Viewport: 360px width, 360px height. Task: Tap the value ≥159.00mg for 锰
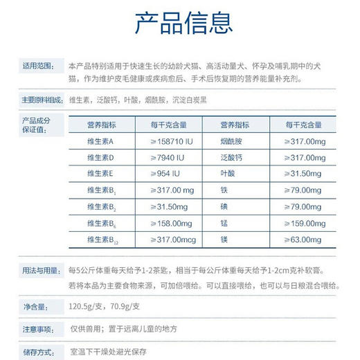tap(305, 223)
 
